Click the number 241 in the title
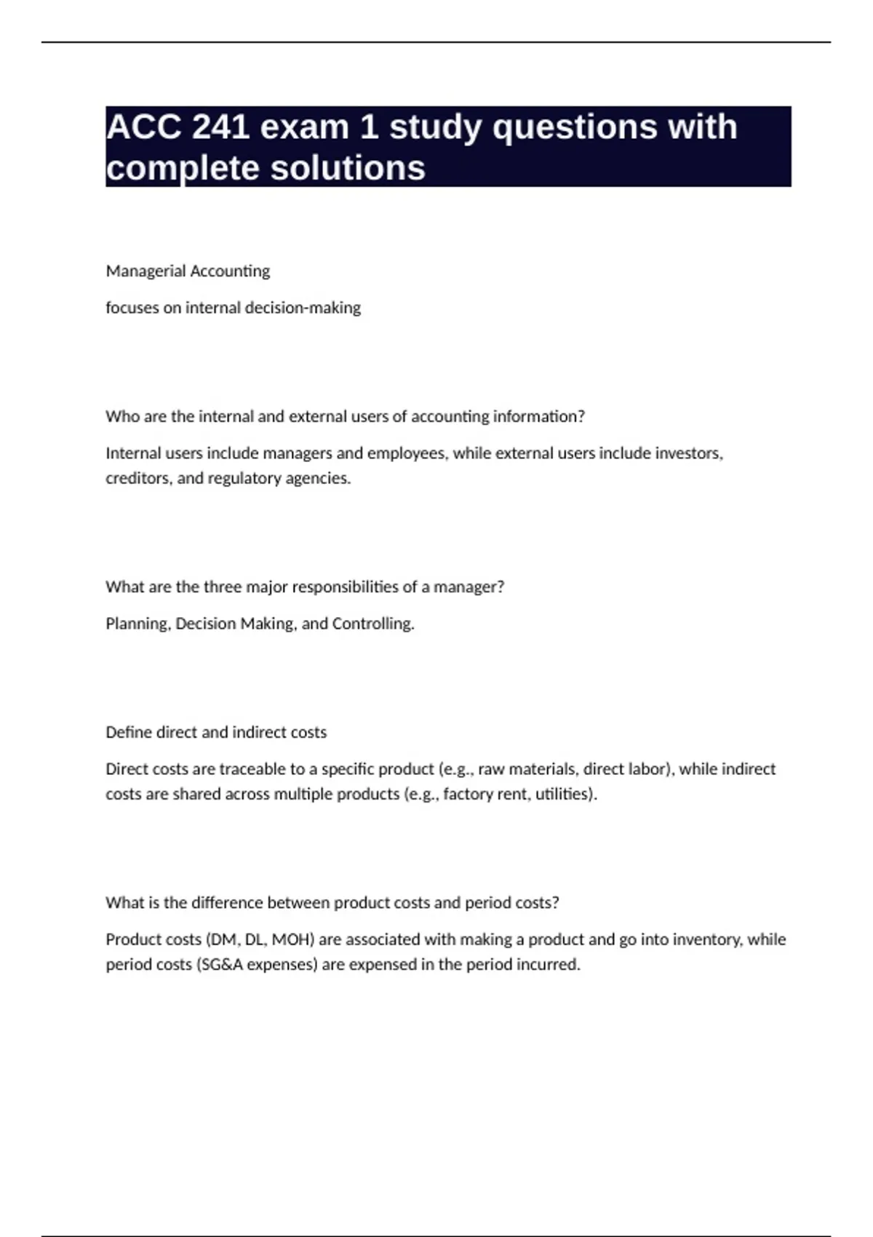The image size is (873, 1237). (x=218, y=127)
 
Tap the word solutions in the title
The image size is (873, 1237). (x=348, y=168)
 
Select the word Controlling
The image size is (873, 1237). (x=372, y=624)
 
